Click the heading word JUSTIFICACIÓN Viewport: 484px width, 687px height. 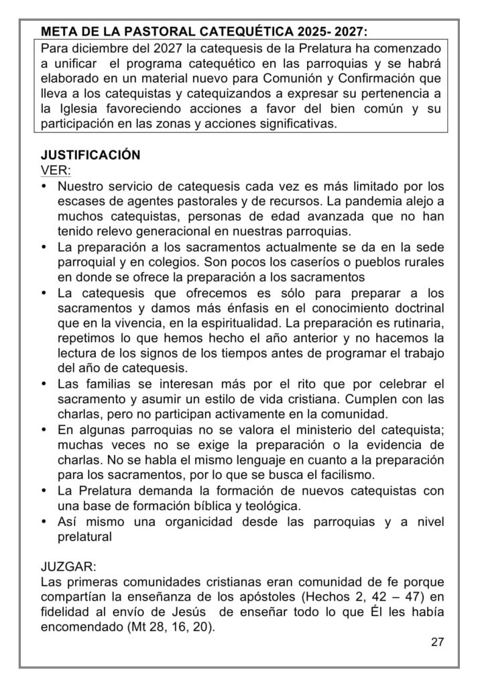pos(90,155)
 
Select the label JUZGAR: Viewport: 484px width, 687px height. pos(68,567)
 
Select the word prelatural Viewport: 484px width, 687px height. pos(84,537)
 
